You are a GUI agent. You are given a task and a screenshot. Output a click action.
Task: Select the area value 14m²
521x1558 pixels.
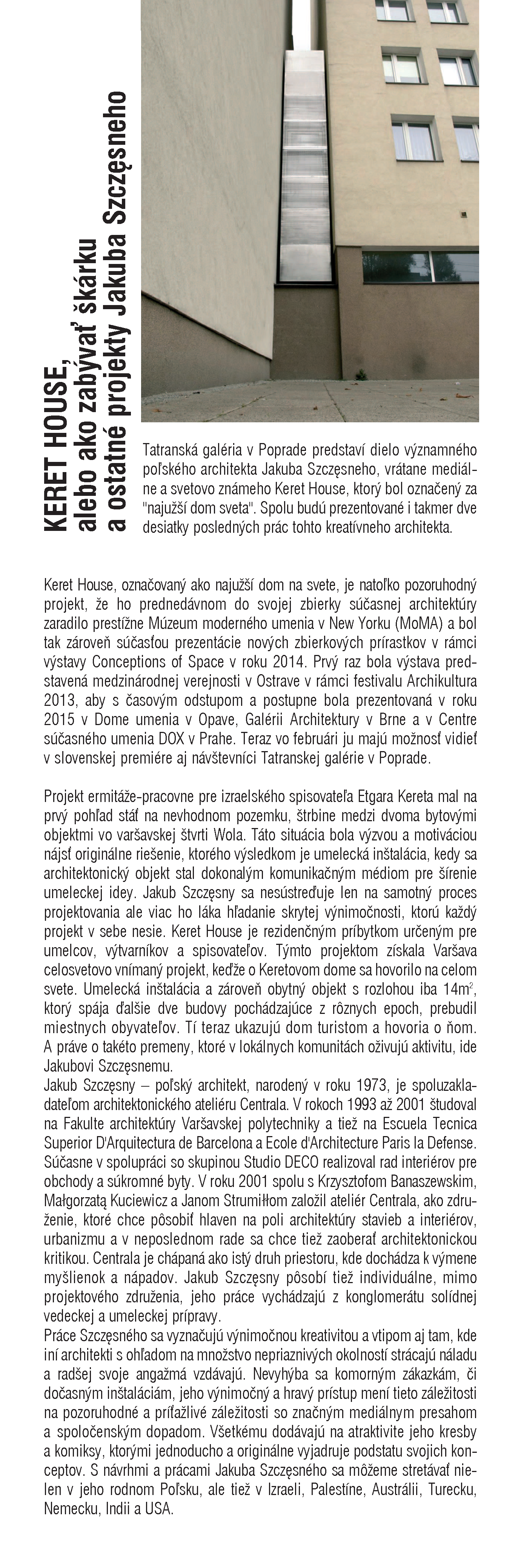coord(461,989)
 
